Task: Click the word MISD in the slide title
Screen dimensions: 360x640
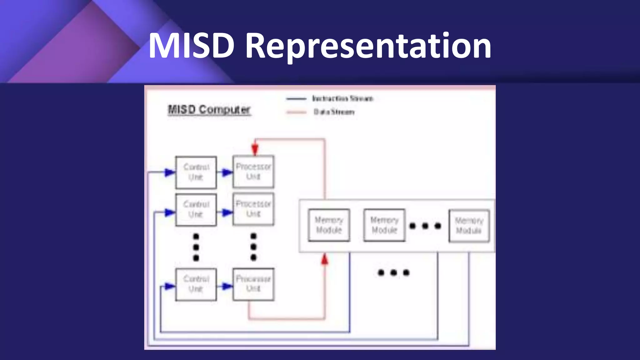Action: point(191,46)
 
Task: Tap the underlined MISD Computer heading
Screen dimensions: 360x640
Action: point(209,110)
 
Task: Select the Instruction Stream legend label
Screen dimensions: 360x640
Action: point(342,99)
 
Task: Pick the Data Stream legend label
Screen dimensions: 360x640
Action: point(334,112)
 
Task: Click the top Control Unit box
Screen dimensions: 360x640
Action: point(196,172)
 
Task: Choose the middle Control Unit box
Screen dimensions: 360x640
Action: point(196,209)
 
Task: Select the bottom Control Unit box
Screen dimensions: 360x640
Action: point(196,284)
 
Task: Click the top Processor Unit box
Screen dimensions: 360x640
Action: point(253,172)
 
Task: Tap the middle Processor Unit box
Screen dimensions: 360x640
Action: point(253,209)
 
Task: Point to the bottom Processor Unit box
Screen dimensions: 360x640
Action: point(253,284)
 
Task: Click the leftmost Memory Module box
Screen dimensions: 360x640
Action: point(329,225)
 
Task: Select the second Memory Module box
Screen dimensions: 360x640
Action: point(384,225)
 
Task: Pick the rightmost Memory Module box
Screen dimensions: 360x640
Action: point(469,226)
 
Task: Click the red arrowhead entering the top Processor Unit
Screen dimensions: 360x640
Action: point(255,149)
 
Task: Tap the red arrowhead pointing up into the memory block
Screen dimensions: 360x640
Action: point(325,259)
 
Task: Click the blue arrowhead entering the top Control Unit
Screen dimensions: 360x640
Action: point(170,172)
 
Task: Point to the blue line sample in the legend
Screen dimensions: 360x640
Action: point(296,99)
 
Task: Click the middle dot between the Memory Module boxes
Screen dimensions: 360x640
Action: point(425,226)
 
